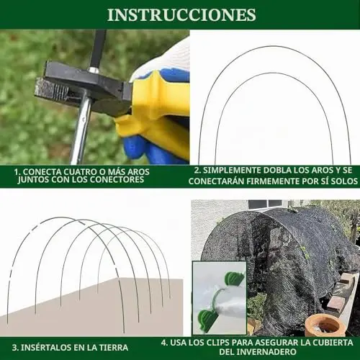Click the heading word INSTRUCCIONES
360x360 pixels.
[181, 15]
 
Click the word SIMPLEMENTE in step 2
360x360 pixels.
[232, 170]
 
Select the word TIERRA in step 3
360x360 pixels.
[114, 348]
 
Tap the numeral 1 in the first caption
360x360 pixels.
[16, 172]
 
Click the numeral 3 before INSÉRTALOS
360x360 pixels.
[14, 348]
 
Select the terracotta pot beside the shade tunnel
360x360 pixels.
[325, 325]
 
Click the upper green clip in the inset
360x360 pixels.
[234, 279]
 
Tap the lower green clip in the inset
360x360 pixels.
[207, 319]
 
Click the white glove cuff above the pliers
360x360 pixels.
[168, 56]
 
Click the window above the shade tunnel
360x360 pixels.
[265, 204]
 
